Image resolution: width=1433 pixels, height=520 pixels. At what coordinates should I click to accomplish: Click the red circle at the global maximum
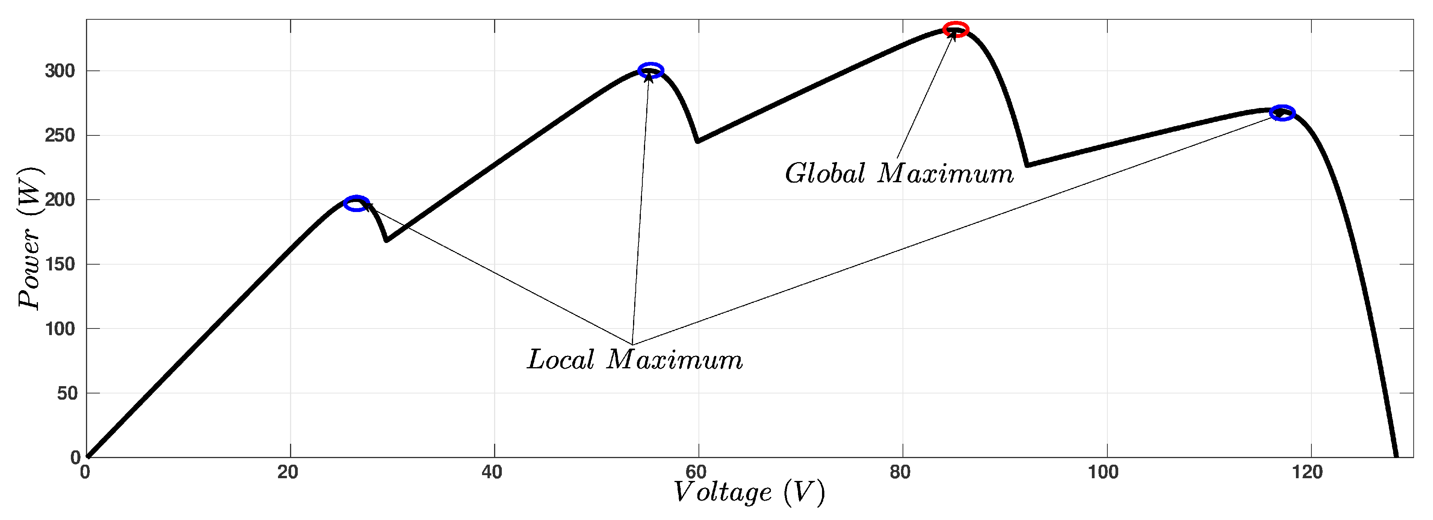tap(956, 29)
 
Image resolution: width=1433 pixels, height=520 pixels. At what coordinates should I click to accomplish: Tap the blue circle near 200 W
tap(356, 204)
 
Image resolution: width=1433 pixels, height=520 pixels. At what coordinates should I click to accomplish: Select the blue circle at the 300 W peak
tap(650, 70)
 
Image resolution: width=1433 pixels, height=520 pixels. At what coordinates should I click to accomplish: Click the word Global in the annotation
tap(825, 173)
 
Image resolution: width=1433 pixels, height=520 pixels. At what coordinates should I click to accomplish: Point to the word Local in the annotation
tap(561, 359)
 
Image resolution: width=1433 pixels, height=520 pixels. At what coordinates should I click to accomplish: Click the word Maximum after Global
tap(946, 173)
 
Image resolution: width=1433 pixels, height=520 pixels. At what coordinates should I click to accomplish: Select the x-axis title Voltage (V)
tap(749, 492)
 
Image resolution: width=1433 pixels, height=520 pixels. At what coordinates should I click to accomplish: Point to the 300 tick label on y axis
tap(60, 71)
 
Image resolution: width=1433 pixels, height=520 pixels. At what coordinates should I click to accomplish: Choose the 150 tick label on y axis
tap(60, 264)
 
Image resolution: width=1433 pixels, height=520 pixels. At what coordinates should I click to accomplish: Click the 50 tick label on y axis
tap(67, 393)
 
